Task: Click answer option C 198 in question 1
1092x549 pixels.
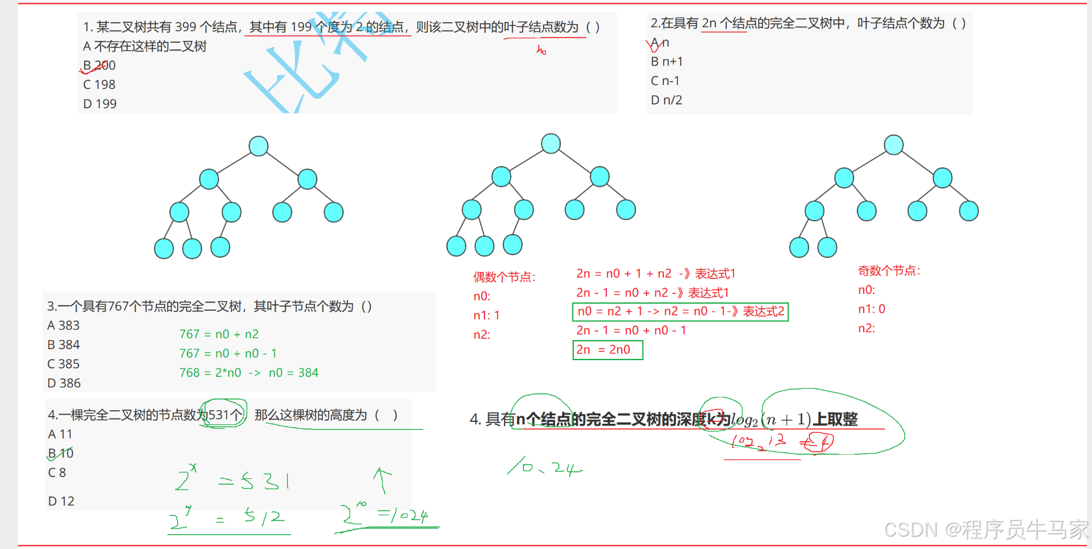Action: coord(99,84)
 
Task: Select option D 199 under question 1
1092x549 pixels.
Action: coord(100,104)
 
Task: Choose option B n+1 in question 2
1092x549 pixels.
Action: coord(667,62)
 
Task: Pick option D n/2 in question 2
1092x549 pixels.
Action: coord(667,100)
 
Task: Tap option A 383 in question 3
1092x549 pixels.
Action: coord(64,325)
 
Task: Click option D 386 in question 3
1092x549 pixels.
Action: coord(64,383)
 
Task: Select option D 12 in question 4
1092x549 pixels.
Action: coord(61,501)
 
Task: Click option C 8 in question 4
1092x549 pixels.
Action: coord(57,472)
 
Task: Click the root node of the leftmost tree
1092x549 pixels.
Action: coord(259,146)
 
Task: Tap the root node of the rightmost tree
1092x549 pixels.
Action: coord(894,145)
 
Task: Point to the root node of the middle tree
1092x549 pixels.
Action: coord(551,143)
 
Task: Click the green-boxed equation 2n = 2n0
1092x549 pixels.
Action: coord(607,350)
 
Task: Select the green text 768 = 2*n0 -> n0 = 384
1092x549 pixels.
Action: coord(249,372)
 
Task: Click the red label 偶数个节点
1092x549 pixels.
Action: coord(504,277)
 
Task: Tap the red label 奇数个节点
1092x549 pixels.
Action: coord(889,271)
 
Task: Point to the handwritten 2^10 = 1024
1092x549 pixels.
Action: coord(386,515)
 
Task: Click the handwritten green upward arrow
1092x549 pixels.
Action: coord(382,481)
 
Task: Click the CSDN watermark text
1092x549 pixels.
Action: coord(986,530)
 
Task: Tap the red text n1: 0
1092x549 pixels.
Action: coord(872,309)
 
